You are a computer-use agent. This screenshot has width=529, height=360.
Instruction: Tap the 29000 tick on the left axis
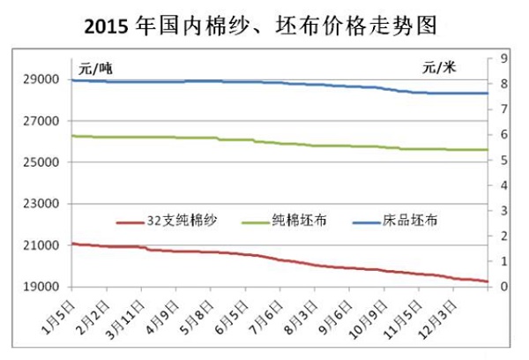(x=41, y=79)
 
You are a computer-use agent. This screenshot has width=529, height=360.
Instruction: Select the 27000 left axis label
(x=41, y=121)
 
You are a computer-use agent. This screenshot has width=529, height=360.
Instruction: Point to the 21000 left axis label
(x=41, y=245)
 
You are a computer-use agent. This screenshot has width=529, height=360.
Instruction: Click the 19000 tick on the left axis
(x=41, y=287)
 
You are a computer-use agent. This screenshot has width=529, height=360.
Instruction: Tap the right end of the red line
(x=488, y=281)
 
